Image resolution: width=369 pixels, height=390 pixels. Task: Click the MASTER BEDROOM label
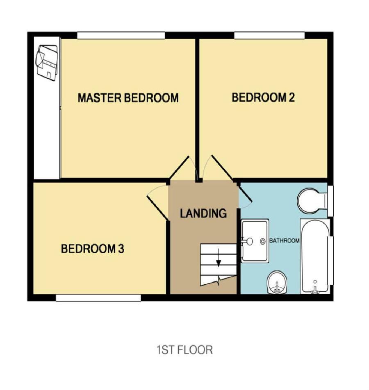128,98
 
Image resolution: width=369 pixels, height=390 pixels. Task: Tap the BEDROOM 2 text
263,97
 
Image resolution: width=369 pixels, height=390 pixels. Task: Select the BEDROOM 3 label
92,249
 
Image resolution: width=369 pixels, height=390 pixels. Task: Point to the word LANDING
203,213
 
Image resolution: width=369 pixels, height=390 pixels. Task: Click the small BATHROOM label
285,241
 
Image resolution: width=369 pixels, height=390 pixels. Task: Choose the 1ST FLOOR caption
184,350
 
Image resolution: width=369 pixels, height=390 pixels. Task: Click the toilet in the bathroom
312,200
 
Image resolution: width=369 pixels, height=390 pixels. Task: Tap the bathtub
315,256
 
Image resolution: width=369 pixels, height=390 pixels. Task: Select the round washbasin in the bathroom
277,282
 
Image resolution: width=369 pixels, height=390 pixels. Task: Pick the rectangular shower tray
255,241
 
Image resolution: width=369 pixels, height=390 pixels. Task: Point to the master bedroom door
180,167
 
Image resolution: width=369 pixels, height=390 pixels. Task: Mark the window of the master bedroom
121,36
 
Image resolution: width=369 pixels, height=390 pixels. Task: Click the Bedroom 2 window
269,36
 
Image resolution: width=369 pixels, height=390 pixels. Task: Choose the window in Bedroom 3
98,298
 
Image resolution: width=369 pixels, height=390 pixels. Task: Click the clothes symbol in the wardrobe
47,62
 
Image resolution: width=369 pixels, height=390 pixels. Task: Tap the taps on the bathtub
315,289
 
